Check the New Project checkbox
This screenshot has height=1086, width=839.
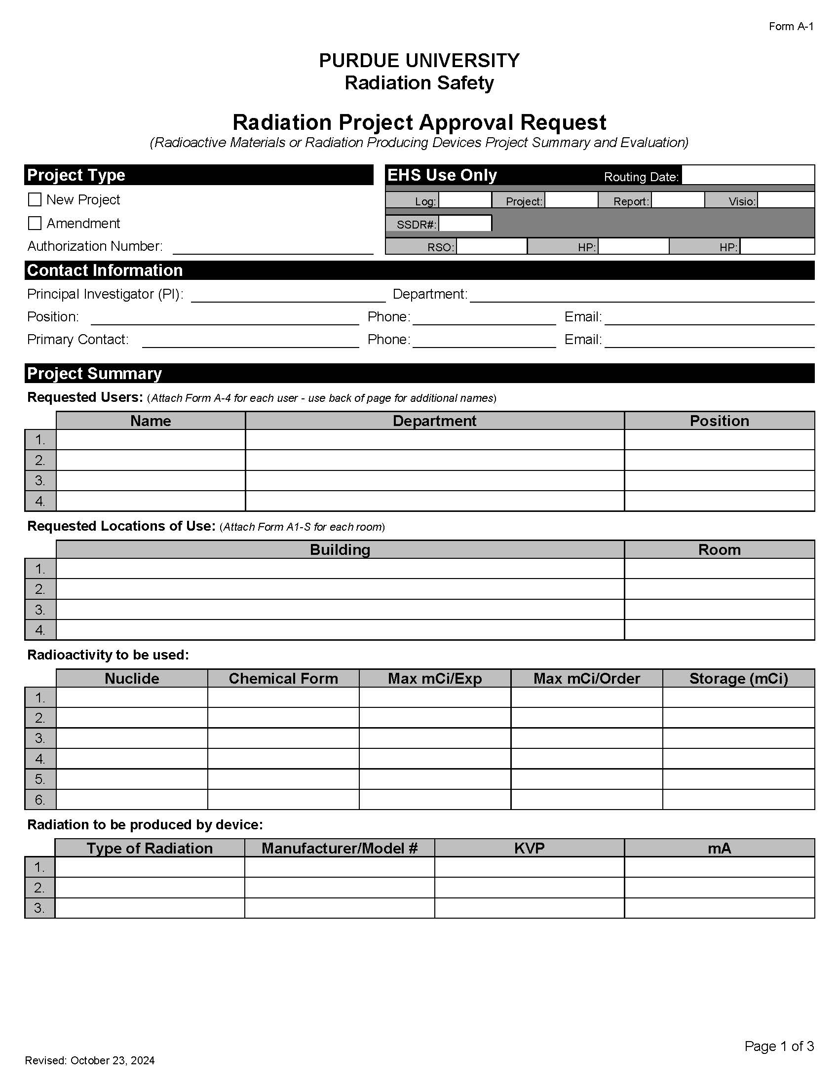[35, 199]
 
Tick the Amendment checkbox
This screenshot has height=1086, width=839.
[35, 223]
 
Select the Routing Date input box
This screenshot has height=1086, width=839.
[747, 175]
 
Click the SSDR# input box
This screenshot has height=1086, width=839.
[465, 223]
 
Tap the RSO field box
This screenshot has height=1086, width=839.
[491, 246]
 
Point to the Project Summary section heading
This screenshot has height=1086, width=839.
[94, 374]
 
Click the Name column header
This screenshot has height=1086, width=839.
[151, 421]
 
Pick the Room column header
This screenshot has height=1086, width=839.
[719, 549]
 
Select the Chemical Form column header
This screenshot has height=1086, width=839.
[283, 678]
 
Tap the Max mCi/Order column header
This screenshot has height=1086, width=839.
[586, 678]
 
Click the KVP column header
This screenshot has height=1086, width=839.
[530, 848]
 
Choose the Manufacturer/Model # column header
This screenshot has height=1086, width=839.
[340, 848]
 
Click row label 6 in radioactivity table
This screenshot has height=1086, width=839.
[40, 800]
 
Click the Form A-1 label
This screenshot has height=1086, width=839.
[791, 26]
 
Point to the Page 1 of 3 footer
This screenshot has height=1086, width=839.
[779, 1046]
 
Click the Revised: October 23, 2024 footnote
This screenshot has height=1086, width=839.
[90, 1061]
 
